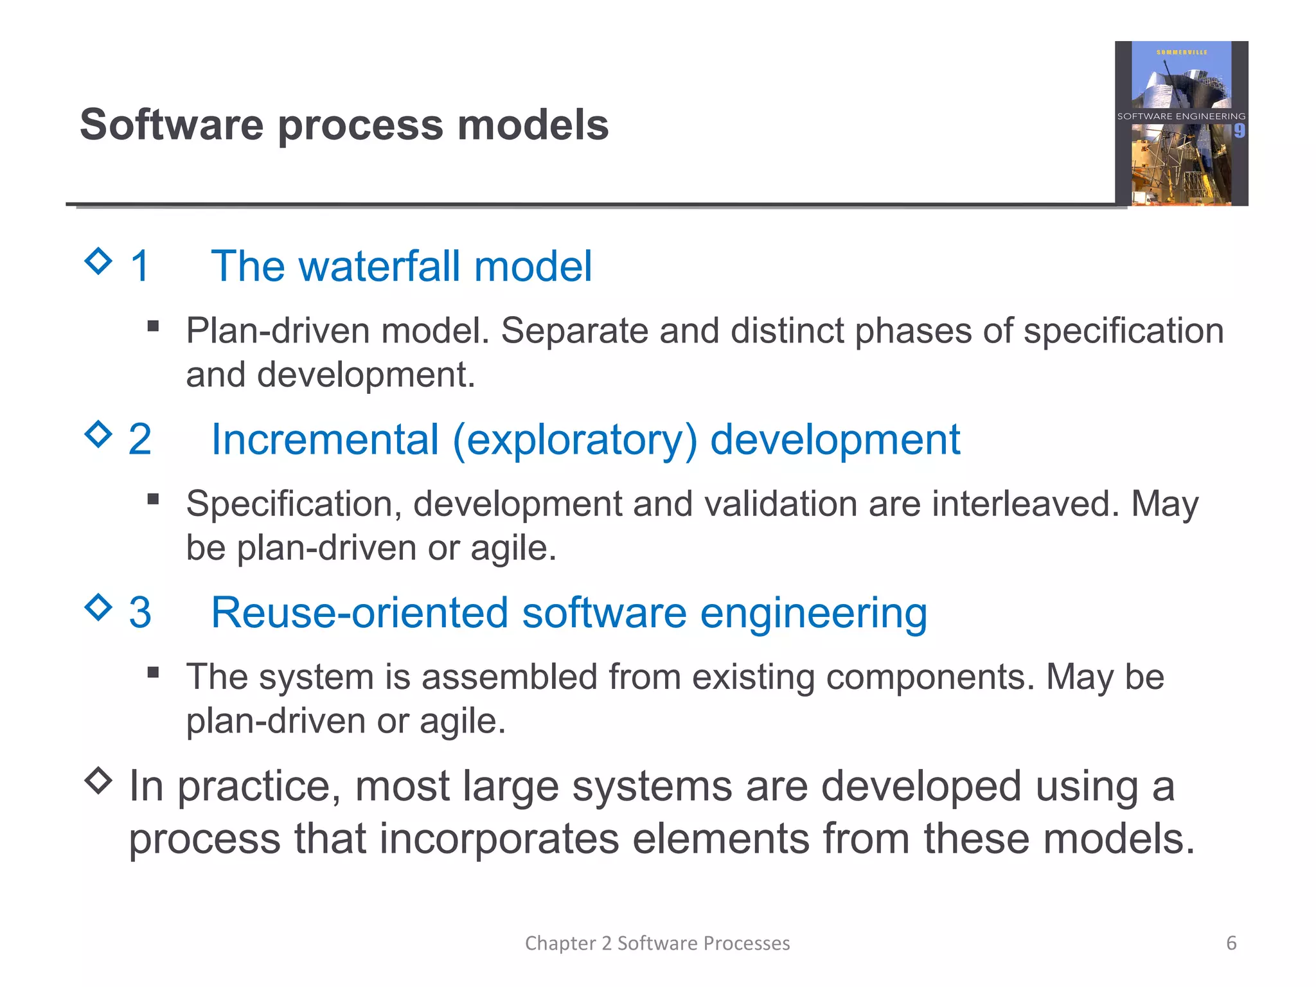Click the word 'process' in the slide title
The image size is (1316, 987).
coord(360,125)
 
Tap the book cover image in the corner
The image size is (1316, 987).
coord(1181,123)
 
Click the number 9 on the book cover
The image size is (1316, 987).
coord(1240,131)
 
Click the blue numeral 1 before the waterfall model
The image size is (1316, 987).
coord(140,266)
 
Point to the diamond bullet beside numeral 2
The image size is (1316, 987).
coord(98,434)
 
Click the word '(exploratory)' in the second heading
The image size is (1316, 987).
coord(574,440)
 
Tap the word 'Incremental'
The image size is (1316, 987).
coord(325,440)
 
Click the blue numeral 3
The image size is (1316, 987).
coord(140,612)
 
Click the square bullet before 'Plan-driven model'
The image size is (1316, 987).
coord(153,326)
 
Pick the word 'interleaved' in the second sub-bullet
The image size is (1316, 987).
coord(1025,504)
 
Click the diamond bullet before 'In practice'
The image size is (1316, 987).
coord(98,781)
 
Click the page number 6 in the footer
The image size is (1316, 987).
coord(1231,943)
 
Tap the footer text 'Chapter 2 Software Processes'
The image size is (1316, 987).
coord(657,943)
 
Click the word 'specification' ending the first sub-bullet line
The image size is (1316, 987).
coord(1123,332)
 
